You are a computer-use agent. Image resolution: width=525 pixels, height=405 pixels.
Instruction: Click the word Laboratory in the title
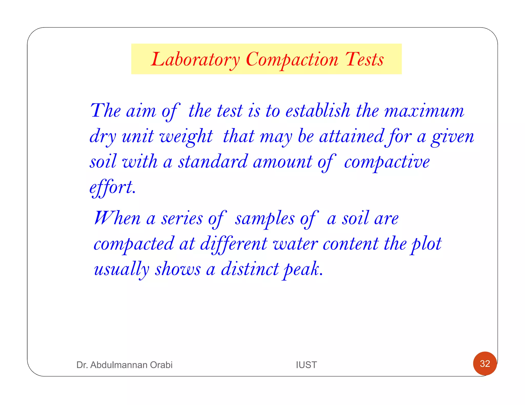(x=195, y=59)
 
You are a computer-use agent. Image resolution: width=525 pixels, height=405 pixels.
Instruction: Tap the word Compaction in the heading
(x=292, y=59)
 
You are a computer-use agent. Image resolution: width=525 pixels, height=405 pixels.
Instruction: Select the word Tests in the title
(x=364, y=59)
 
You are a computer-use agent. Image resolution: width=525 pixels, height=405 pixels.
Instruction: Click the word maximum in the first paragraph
(x=424, y=111)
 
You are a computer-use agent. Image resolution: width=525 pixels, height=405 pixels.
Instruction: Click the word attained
(x=351, y=136)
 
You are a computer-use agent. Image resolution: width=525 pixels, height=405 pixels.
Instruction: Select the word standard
(x=213, y=162)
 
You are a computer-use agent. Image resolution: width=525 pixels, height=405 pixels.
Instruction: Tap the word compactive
(x=387, y=162)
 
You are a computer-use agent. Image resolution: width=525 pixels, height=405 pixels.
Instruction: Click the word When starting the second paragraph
(x=117, y=218)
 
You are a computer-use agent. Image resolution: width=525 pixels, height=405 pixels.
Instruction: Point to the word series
(x=182, y=218)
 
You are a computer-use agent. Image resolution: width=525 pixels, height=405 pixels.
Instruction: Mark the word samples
(x=265, y=218)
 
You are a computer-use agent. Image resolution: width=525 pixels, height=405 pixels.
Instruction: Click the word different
(x=234, y=244)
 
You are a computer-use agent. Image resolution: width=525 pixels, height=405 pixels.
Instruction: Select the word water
(x=295, y=244)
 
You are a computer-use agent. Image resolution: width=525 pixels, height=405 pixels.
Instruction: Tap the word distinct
(x=250, y=269)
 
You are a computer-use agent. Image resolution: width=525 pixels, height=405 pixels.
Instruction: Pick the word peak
(x=302, y=269)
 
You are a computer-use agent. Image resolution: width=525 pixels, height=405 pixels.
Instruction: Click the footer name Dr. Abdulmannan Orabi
(x=124, y=365)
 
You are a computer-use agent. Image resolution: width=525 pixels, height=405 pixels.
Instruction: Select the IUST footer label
(x=306, y=365)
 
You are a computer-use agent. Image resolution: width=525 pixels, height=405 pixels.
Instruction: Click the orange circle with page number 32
(x=485, y=364)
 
